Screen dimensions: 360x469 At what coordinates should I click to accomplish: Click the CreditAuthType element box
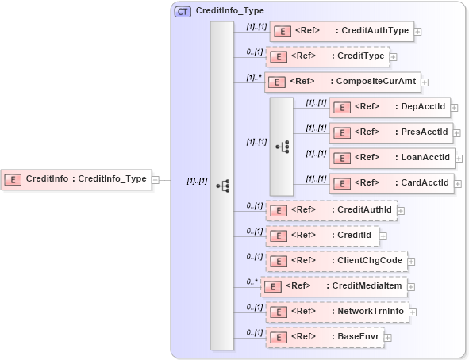[x=342, y=32]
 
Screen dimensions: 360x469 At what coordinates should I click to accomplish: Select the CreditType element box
[x=327, y=56]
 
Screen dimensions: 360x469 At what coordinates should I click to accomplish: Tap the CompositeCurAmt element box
[x=342, y=82]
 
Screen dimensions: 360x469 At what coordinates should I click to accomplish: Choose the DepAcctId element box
[x=390, y=107]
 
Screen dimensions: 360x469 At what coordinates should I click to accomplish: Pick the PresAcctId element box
[x=390, y=132]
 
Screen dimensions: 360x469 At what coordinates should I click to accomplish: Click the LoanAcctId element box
[x=392, y=158]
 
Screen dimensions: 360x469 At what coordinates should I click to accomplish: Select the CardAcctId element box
[x=391, y=183]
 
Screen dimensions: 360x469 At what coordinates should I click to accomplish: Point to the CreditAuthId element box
[x=331, y=210]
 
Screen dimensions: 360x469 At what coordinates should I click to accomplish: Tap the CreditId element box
[x=322, y=236]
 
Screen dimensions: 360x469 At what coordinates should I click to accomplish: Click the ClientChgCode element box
[x=336, y=261]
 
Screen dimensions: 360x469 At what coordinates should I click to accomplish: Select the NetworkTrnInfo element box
[x=336, y=312]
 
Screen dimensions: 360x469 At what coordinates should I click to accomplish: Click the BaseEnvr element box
[x=324, y=337]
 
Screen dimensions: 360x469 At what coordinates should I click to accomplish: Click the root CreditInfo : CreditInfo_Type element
[x=76, y=179]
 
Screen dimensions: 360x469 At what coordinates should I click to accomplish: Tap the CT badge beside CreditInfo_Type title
[x=183, y=11]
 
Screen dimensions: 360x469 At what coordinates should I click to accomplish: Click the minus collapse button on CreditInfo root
[x=156, y=179]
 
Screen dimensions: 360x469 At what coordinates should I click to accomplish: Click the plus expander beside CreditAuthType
[x=417, y=33]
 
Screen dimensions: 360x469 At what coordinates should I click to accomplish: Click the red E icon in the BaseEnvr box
[x=277, y=337]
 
